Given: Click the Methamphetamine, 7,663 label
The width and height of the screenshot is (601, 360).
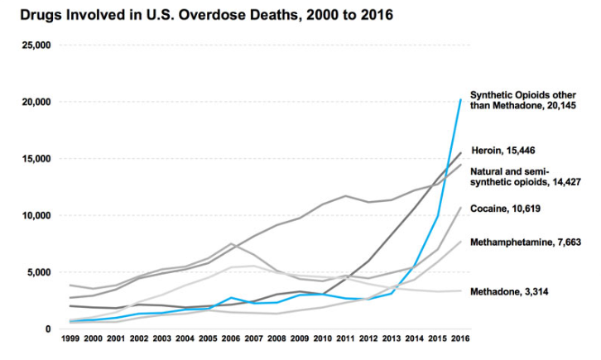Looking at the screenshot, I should (x=525, y=242).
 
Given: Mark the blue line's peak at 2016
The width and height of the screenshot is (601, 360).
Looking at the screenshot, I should (x=460, y=100).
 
